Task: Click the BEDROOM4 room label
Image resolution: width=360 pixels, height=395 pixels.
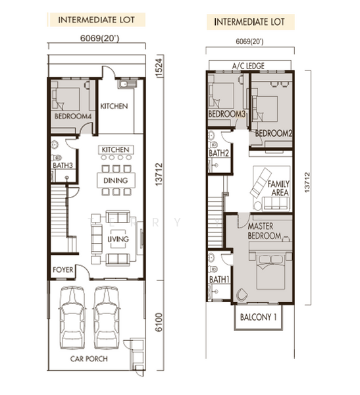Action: click(x=73, y=117)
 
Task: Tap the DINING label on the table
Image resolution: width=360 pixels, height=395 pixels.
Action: click(x=116, y=180)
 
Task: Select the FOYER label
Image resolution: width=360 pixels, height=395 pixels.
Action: click(x=63, y=270)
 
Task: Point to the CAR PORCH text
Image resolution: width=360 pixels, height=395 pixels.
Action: click(x=89, y=359)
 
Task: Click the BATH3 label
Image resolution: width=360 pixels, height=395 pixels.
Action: click(x=63, y=165)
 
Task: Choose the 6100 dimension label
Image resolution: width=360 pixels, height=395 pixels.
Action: click(x=159, y=322)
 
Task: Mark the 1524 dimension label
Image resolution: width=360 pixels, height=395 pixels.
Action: click(x=159, y=68)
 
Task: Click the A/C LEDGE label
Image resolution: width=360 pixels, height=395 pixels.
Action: click(x=248, y=66)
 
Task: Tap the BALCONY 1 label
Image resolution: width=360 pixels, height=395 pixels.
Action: click(x=258, y=317)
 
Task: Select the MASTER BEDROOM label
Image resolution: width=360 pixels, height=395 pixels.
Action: click(x=265, y=231)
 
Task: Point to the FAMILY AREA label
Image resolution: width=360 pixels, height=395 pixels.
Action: click(x=278, y=188)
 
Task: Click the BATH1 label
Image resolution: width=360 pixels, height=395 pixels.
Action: click(x=219, y=279)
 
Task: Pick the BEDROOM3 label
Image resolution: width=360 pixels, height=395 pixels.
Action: click(x=227, y=114)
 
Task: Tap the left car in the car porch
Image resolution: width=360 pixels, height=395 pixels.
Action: click(x=72, y=318)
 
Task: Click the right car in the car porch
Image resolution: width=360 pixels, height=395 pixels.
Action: click(x=107, y=318)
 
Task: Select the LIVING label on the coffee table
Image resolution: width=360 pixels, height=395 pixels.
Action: click(x=118, y=239)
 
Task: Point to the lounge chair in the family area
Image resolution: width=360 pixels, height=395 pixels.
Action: click(x=261, y=182)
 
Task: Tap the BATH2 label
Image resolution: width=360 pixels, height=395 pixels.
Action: click(x=219, y=153)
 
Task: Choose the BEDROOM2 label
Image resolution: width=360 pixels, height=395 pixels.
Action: click(x=274, y=133)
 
